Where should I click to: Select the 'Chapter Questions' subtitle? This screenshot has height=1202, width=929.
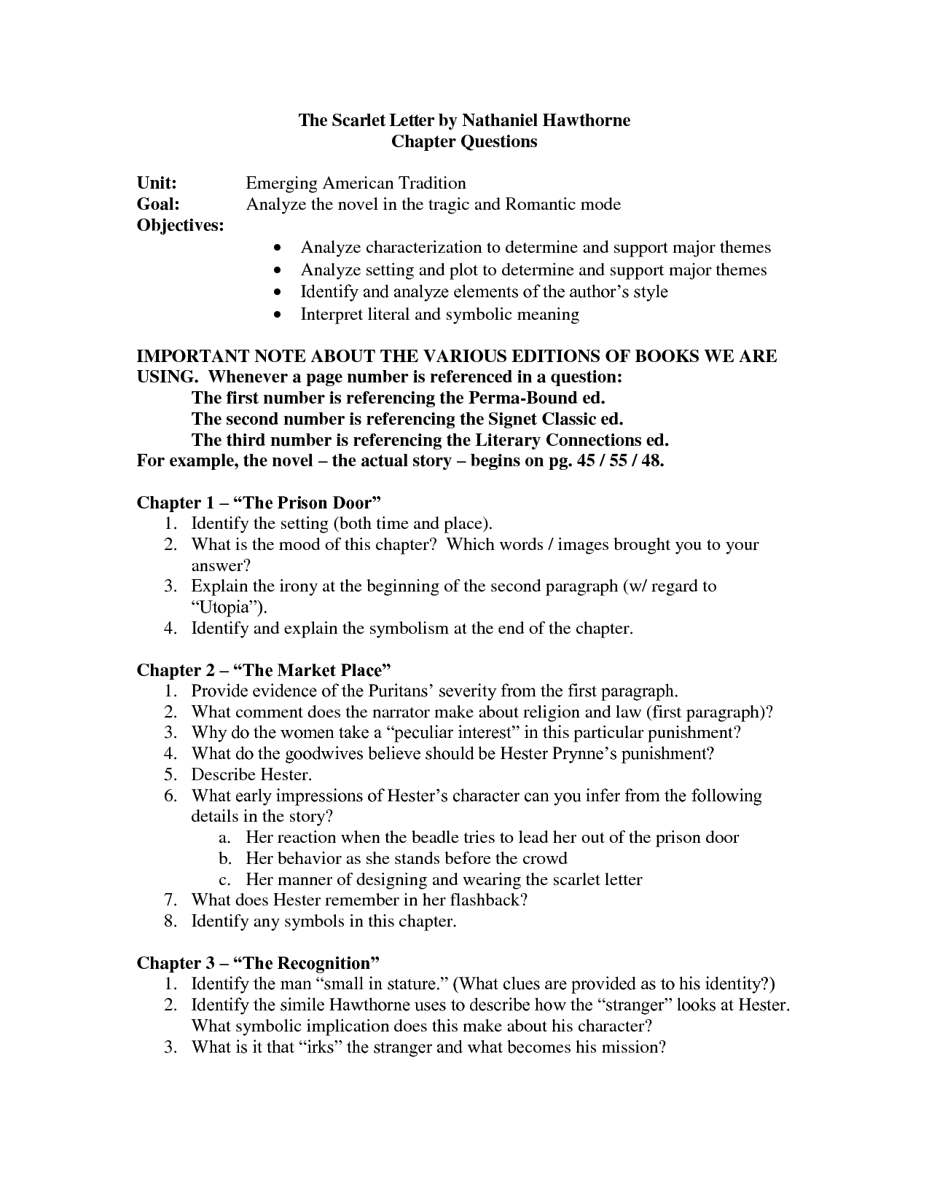pos(464,141)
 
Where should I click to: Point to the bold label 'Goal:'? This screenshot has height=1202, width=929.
pos(158,204)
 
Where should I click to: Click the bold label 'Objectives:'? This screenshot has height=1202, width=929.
pos(181,225)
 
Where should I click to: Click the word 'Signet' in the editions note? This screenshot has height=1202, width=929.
pos(511,420)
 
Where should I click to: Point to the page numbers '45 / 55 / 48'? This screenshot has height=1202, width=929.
pos(619,462)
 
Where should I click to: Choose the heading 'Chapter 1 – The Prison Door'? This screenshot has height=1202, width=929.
pos(259,503)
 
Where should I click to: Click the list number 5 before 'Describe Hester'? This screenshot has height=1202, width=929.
pos(170,774)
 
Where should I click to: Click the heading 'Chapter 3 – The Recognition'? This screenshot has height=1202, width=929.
pos(259,963)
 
